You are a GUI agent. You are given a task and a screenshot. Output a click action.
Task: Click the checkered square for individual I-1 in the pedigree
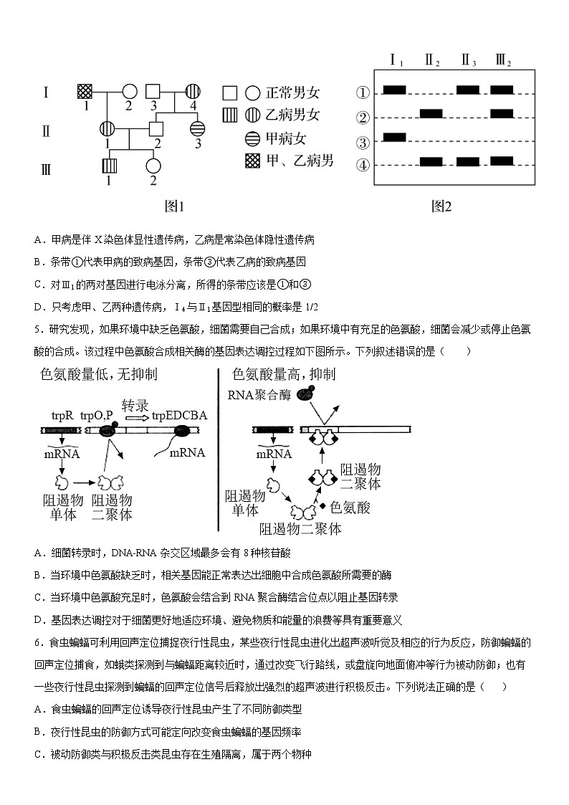coord(85,92)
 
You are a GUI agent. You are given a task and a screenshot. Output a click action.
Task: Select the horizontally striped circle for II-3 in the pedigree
coord(198,129)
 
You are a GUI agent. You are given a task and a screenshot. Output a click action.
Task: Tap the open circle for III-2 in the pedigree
coord(153,166)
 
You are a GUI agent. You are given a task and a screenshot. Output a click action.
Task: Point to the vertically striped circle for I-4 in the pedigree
coord(192,92)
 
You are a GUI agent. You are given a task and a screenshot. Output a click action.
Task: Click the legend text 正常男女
coord(293,92)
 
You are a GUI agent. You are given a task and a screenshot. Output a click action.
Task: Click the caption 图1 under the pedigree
coord(175,206)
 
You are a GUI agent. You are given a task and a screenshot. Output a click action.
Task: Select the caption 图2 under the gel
coord(441,206)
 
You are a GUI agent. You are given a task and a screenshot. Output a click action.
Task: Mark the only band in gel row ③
coord(395,137)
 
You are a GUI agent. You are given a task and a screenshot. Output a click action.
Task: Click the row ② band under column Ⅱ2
coord(431,113)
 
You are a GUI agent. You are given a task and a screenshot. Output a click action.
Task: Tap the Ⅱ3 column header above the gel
coord(469,61)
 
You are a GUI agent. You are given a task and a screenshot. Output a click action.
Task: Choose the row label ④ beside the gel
coord(363,165)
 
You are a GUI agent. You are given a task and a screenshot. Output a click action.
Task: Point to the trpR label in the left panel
coord(62,415)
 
